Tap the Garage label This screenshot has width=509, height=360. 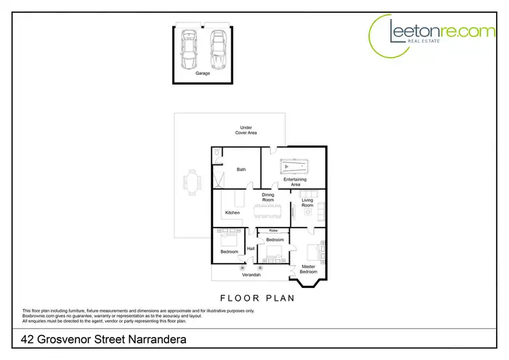[203, 73]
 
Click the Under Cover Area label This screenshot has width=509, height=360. [245, 130]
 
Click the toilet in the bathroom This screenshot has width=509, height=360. [216, 156]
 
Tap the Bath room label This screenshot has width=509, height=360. [241, 169]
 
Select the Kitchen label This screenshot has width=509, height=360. [233, 213]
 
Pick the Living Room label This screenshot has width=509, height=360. [307, 203]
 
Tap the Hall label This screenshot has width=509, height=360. [251, 249]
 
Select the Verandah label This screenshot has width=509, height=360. [252, 274]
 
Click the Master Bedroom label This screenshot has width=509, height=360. [309, 269]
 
